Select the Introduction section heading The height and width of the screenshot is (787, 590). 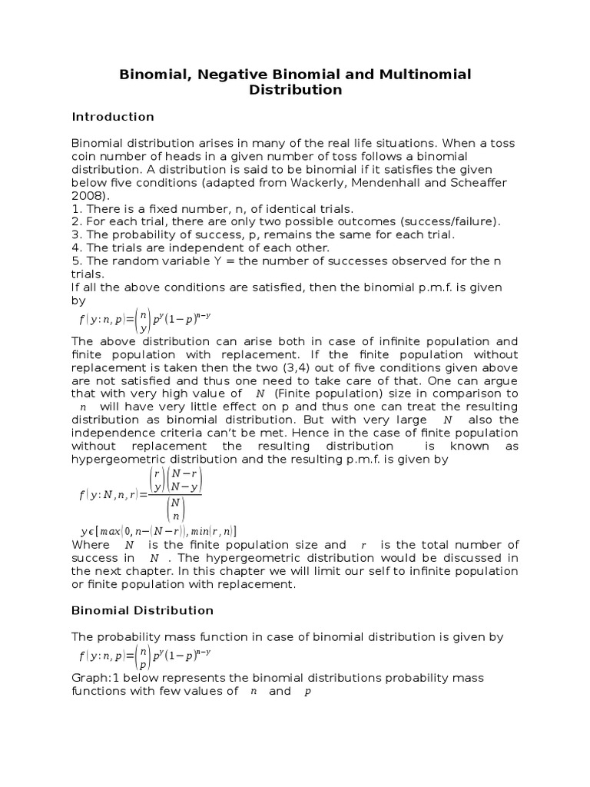click(113, 117)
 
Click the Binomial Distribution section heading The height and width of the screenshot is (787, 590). click(142, 610)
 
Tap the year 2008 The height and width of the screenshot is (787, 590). click(86, 195)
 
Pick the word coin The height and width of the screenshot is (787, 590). click(84, 156)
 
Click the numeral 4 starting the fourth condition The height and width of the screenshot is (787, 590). click(75, 247)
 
